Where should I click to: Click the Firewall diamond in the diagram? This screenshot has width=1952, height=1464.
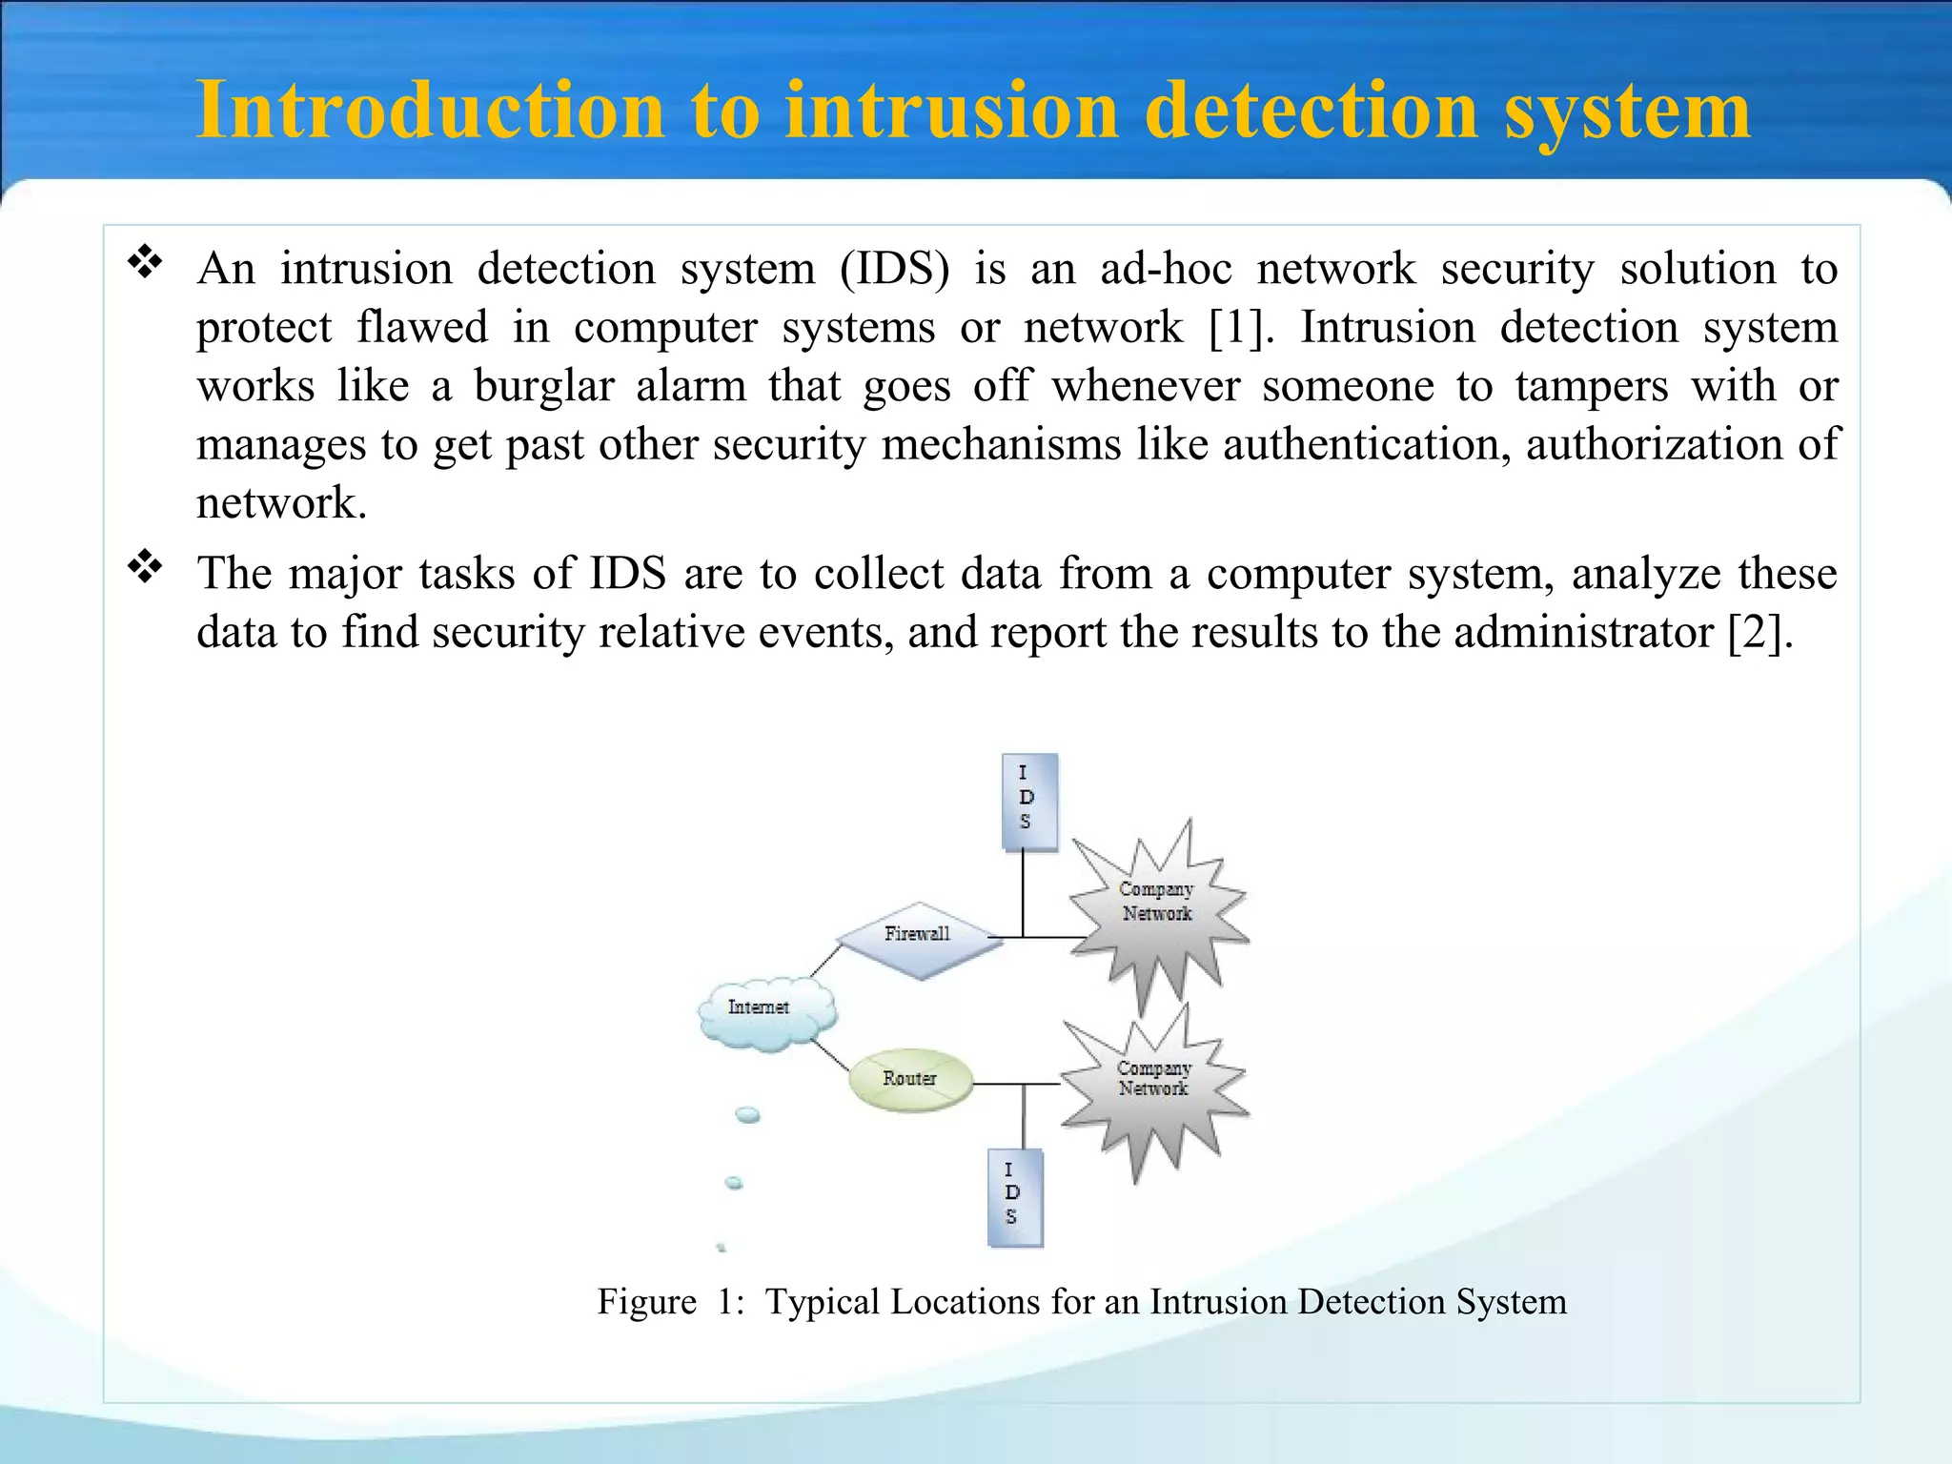[x=918, y=939]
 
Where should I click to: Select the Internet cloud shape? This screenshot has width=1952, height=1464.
[x=765, y=1011]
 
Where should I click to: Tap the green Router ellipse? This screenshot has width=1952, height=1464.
[x=910, y=1080]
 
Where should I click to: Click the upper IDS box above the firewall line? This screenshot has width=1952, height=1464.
[x=1028, y=801]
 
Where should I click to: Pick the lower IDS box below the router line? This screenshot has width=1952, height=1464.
[x=1014, y=1197]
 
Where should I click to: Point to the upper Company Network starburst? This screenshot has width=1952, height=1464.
[x=1156, y=905]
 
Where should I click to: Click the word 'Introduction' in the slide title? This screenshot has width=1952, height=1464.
[x=429, y=111]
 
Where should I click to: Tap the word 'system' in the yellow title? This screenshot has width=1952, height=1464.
[x=1627, y=111]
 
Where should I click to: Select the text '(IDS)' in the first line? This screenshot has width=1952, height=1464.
[x=894, y=270]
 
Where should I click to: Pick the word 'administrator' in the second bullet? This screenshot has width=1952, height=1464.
[x=1583, y=633]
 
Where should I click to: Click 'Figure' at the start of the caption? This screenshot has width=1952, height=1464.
[x=646, y=1302]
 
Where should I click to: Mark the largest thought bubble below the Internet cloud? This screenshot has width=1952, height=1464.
[x=748, y=1114]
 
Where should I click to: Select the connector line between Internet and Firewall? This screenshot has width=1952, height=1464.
[x=825, y=960]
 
